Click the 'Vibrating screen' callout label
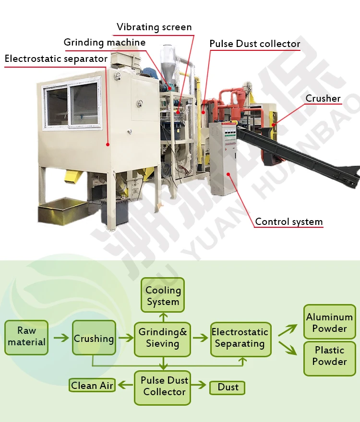coord(154,27)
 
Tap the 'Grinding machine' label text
coord(105,43)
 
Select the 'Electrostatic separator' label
coord(56,59)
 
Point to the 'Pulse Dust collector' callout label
coord(255,44)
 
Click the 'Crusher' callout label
coord(323,98)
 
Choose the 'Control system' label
coord(289,222)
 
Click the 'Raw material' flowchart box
coord(26,337)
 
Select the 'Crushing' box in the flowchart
coord(94,339)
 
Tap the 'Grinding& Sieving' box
coord(163,338)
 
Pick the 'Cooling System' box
coord(163,296)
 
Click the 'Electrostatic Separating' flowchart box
coord(240,338)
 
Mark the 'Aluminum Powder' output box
coord(330,323)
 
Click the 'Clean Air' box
coord(92,386)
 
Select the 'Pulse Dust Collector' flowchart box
coord(164,387)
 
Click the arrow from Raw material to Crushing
coord(60,338)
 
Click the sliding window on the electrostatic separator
coord(73,106)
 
